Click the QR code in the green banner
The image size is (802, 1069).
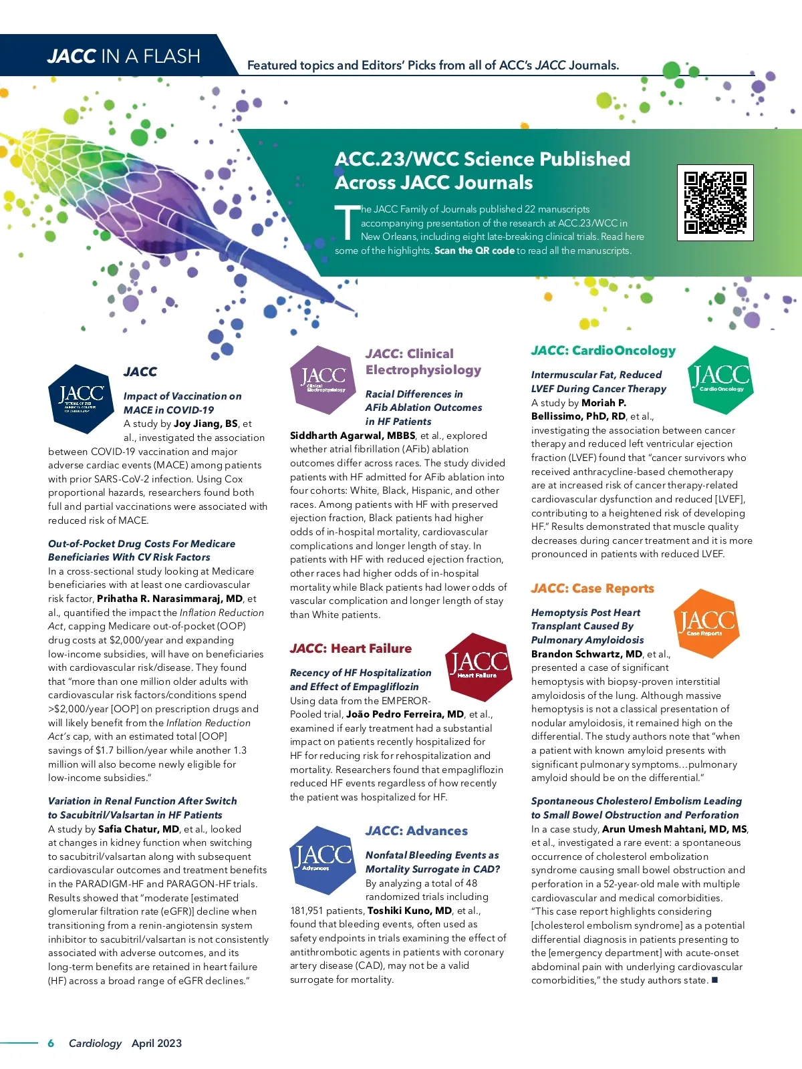(x=715, y=202)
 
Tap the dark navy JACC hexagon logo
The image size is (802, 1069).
(x=82, y=399)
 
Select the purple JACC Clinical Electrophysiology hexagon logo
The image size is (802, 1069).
(x=323, y=380)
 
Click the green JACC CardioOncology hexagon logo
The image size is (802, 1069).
(x=720, y=379)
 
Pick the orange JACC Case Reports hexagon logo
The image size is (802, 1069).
(x=706, y=623)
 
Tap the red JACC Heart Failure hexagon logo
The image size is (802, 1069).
(x=478, y=666)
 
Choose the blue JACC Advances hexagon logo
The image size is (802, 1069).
(x=323, y=860)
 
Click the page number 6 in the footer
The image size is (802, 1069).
(x=51, y=1043)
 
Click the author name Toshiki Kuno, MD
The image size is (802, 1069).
(x=410, y=911)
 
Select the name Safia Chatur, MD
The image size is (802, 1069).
(x=139, y=829)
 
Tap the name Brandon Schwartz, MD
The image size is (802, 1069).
(x=587, y=654)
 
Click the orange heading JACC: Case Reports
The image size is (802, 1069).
(x=592, y=589)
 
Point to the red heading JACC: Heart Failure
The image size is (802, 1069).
(x=351, y=649)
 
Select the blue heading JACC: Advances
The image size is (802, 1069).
(x=416, y=831)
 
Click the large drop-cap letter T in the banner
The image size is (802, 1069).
(x=347, y=222)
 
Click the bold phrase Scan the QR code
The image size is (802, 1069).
(x=475, y=251)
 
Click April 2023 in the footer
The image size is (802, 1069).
(x=156, y=1043)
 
